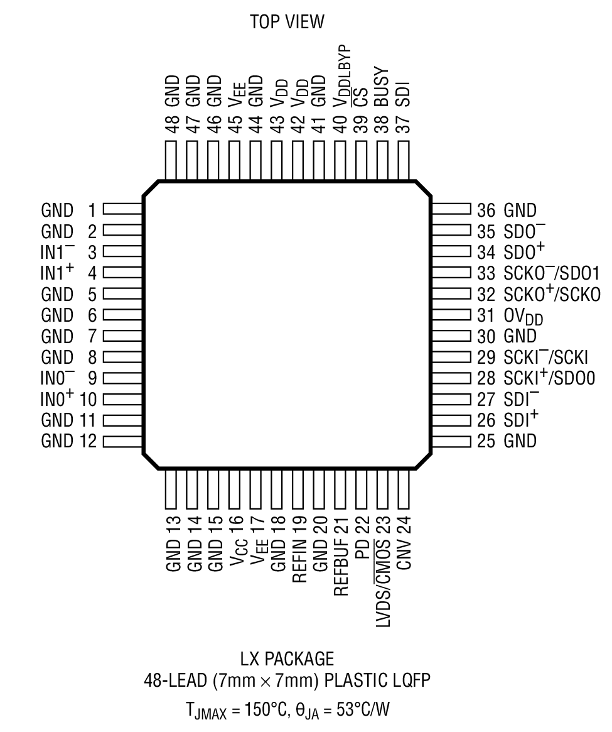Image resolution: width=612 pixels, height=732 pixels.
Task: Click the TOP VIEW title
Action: [287, 23]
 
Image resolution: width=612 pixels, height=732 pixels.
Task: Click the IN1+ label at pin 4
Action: [58, 273]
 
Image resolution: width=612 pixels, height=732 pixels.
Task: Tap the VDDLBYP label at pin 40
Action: [342, 70]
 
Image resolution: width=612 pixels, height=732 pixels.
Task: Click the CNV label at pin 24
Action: [404, 554]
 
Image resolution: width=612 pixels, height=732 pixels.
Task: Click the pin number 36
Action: [486, 210]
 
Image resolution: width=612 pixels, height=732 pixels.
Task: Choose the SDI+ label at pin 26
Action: [520, 419]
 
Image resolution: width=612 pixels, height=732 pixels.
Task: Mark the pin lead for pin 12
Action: [123, 440]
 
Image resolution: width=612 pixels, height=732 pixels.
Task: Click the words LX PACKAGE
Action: [287, 659]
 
